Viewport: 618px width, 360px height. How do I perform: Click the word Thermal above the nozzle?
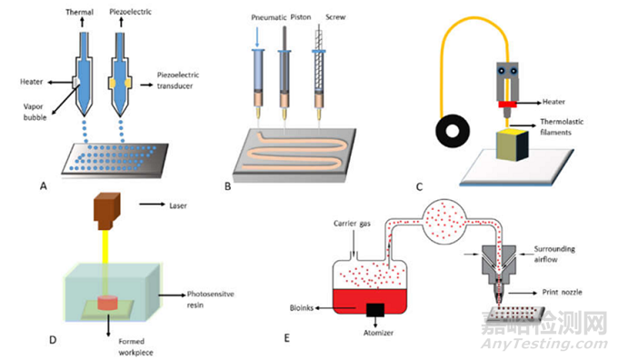point(79,12)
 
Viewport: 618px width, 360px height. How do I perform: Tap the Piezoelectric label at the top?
point(130,12)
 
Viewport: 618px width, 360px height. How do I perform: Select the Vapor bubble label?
point(35,112)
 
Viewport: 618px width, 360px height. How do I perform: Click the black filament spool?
point(453,131)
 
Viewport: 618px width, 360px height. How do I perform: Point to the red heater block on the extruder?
point(507,105)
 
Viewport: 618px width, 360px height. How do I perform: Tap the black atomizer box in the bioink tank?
point(374,310)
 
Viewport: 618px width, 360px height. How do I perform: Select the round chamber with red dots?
point(444,221)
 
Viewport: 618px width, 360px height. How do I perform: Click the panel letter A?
point(44,185)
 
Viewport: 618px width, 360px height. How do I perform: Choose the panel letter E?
point(286,338)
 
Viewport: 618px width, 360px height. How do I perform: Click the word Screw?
point(335,17)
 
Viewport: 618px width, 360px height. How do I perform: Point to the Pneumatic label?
point(269,18)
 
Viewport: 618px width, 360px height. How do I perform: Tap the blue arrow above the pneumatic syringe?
point(257,37)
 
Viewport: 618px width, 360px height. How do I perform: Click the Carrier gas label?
point(352,224)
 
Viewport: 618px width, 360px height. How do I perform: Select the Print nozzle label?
point(562,292)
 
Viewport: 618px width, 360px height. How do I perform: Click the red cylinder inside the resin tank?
point(107,303)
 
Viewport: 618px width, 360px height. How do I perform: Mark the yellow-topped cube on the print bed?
point(512,145)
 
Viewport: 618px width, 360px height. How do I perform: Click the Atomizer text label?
point(378,333)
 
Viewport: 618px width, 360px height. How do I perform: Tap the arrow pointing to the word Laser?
point(152,205)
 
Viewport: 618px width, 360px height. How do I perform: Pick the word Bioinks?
point(302,308)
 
